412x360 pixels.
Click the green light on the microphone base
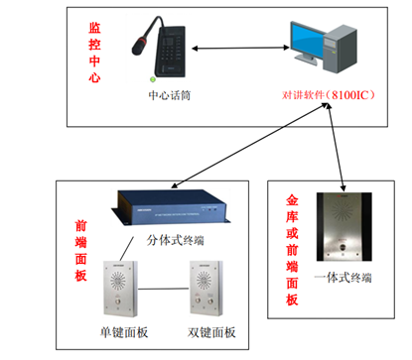click(153, 79)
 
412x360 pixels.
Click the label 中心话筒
click(170, 95)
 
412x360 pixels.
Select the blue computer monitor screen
click(307, 41)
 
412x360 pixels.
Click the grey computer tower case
click(341, 49)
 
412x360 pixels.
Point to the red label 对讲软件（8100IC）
click(329, 95)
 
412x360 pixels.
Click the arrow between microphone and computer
click(240, 49)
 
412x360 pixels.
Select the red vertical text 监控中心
click(94, 53)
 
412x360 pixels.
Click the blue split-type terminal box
click(171, 207)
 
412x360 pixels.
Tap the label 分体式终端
click(175, 240)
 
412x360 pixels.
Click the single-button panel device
click(120, 289)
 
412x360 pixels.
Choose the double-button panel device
click(206, 289)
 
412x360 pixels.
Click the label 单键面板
click(124, 332)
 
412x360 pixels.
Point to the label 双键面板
click(211, 332)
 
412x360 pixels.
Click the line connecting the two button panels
click(164, 289)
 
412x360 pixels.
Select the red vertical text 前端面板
click(81, 251)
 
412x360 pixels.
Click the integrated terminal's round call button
click(343, 247)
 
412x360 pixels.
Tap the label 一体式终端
click(343, 278)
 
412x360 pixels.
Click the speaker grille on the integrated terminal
click(343, 210)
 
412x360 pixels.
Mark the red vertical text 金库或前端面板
click(292, 250)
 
